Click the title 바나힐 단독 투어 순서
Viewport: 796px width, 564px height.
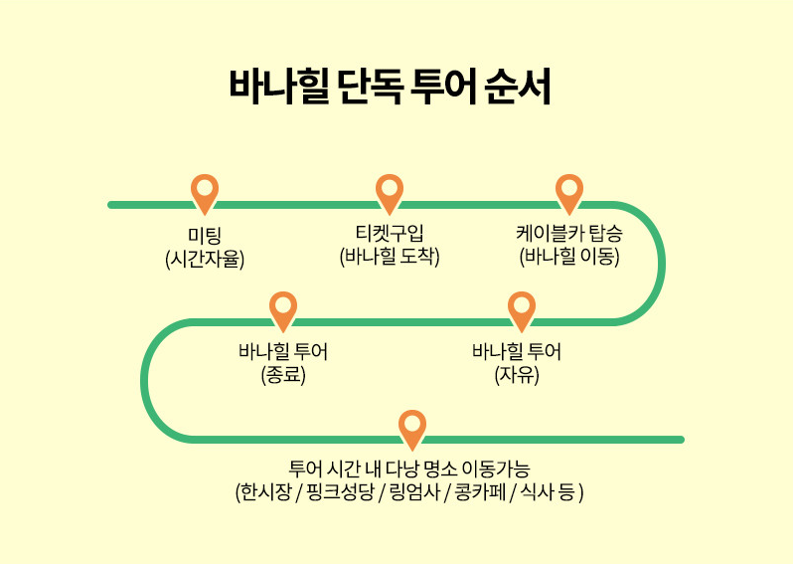(390, 87)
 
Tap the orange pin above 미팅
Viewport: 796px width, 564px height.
(205, 192)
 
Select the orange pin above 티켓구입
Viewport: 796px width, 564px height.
(389, 192)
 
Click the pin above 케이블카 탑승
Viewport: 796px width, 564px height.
(569, 192)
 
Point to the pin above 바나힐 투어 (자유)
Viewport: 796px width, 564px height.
(522, 309)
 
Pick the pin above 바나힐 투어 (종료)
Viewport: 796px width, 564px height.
(283, 309)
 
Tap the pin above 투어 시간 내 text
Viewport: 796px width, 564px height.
(412, 428)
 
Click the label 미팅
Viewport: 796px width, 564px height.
(205, 237)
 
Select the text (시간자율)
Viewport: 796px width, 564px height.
(205, 259)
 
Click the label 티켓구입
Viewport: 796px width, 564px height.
(390, 235)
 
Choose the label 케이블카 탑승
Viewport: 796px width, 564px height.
(569, 235)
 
